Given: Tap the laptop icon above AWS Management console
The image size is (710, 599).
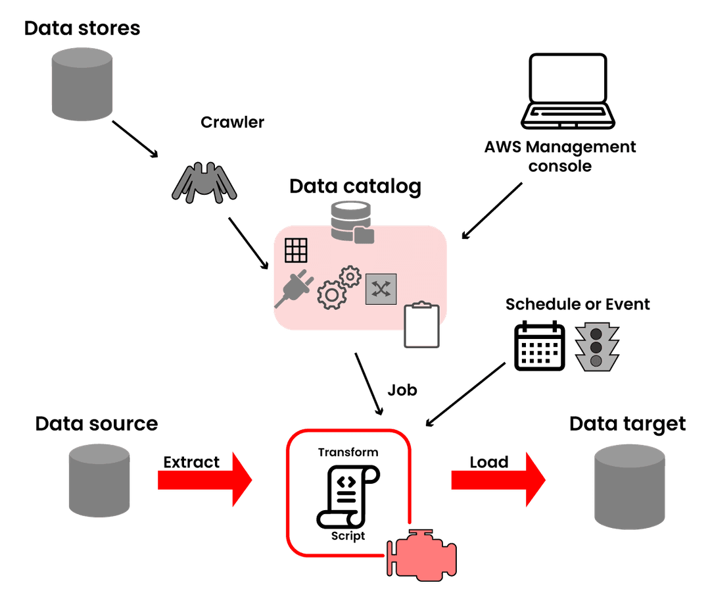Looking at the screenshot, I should [568, 92].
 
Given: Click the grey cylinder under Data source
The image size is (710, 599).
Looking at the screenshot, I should [99, 479].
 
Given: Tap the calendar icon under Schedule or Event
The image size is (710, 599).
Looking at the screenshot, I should [539, 345].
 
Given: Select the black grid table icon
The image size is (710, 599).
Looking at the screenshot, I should [296, 250].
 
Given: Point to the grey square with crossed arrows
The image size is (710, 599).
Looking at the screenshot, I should [381, 288].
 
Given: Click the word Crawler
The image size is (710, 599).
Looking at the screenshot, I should [232, 122].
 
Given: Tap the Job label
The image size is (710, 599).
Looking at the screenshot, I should [402, 390].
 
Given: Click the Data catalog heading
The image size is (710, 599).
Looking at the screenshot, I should [355, 187].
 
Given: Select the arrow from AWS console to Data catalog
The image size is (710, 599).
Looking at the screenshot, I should [493, 210].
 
